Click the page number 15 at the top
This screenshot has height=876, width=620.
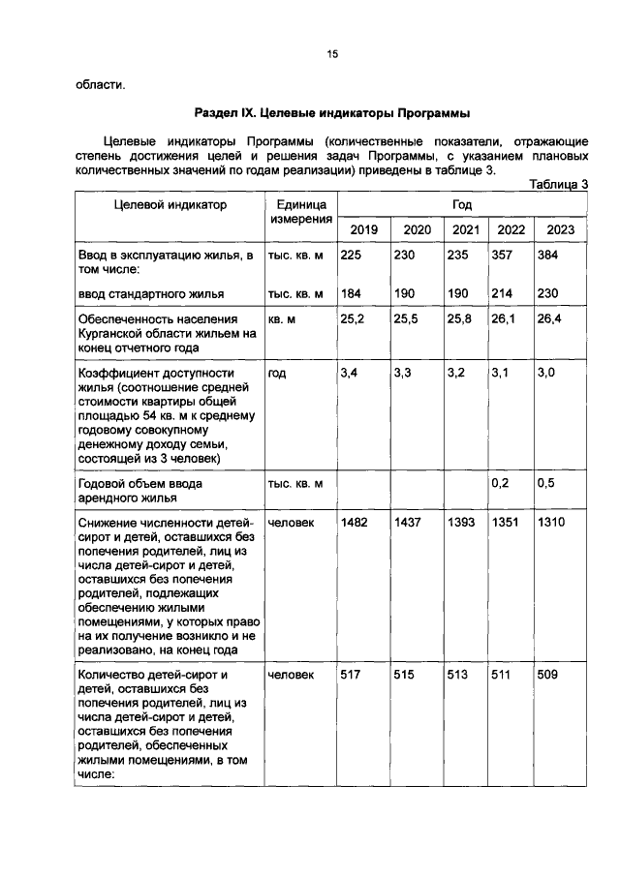[330, 55]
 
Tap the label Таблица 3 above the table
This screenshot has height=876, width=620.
[560, 185]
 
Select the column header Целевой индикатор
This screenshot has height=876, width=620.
[170, 205]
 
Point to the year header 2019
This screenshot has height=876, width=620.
[363, 229]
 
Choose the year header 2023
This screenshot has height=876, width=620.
[561, 229]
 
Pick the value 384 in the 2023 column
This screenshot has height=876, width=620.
[549, 255]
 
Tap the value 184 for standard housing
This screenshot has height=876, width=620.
[353, 293]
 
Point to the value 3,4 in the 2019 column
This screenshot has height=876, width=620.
[351, 373]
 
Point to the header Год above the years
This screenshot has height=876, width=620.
[462, 205]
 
